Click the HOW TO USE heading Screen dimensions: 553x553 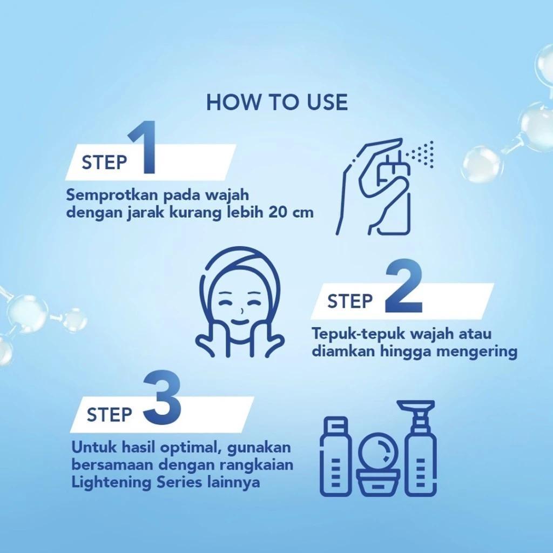point(276,102)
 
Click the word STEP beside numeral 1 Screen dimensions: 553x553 point(104,163)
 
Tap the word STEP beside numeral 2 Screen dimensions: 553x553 point(349,301)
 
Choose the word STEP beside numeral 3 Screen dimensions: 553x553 point(109,415)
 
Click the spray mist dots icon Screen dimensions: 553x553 point(423,152)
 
